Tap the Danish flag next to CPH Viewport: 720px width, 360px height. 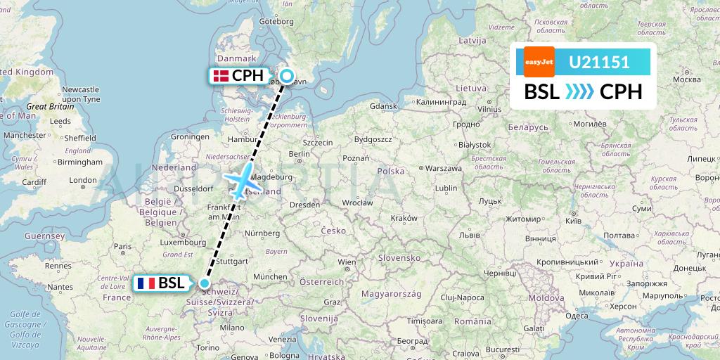(x=220, y=76)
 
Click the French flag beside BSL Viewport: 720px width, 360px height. (x=146, y=283)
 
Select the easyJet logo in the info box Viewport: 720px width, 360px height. (x=539, y=62)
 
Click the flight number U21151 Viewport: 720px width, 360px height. (x=599, y=62)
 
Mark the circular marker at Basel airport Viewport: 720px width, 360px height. (x=205, y=283)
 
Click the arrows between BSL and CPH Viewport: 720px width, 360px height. (x=579, y=92)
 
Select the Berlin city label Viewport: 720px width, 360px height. (x=300, y=153)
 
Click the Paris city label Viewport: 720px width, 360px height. (x=124, y=246)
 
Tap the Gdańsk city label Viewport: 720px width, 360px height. (x=383, y=105)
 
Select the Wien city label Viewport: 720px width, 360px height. (x=347, y=262)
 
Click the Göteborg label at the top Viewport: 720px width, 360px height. (x=276, y=22)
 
